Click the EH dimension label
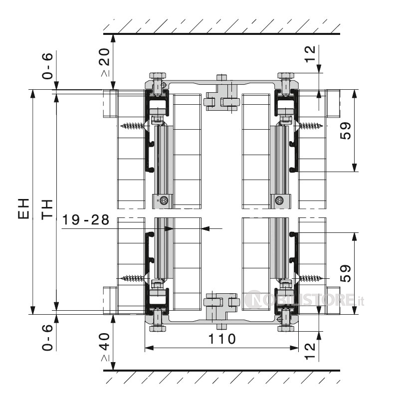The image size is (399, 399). [23, 208]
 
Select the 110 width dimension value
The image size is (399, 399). [222, 339]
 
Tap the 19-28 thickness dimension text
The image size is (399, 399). [86, 219]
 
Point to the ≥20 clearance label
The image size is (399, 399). [105, 62]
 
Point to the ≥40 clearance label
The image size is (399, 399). [105, 347]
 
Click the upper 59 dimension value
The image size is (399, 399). [345, 131]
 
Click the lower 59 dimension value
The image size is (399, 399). [345, 273]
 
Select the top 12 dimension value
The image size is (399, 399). [310, 54]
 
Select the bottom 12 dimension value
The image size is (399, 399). [310, 352]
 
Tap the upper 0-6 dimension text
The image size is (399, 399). [47, 66]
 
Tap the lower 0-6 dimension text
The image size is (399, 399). [47, 338]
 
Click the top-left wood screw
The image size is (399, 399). [134, 126]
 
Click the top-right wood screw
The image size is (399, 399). [309, 126]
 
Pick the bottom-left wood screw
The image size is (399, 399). [134, 278]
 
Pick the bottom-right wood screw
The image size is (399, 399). [309, 278]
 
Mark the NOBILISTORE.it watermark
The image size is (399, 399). [304, 300]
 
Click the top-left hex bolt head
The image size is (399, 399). [158, 76]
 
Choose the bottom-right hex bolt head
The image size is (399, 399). [286, 329]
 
